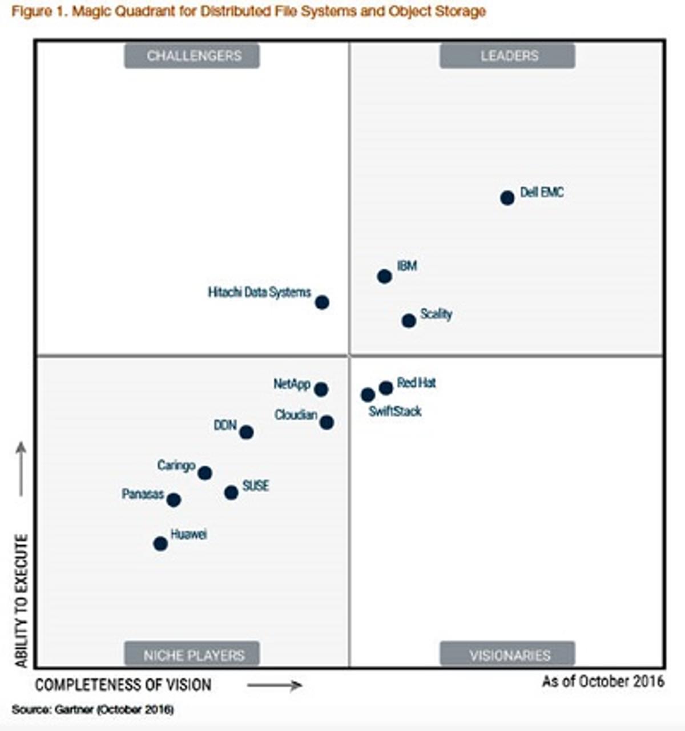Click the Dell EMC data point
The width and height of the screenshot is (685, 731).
[x=507, y=198]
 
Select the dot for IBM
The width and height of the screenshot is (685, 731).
[x=384, y=276]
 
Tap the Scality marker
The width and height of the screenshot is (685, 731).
[x=409, y=321]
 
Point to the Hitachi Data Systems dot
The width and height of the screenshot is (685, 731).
[x=322, y=302]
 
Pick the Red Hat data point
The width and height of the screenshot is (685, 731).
[x=386, y=388]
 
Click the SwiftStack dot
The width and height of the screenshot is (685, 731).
[x=368, y=395]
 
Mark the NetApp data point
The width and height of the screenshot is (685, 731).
[x=321, y=390]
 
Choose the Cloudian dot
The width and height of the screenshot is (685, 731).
[x=327, y=423]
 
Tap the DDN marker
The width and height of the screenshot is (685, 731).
[x=246, y=433]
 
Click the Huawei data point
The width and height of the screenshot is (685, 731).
[x=160, y=544]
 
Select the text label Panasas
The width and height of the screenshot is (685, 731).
[x=143, y=494]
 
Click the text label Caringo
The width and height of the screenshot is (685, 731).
[x=176, y=466]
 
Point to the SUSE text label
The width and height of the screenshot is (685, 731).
[x=256, y=486]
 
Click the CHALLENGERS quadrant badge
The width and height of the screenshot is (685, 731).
[x=192, y=56]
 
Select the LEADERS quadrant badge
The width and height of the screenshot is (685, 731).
[x=507, y=56]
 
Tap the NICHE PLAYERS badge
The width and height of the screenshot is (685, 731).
[x=192, y=655]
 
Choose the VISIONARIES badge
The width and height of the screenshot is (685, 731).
[x=507, y=655]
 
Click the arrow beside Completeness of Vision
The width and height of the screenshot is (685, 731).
[x=275, y=685]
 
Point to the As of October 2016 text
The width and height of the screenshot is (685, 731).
[x=603, y=681]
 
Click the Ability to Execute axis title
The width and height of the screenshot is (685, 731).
[x=22, y=600]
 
